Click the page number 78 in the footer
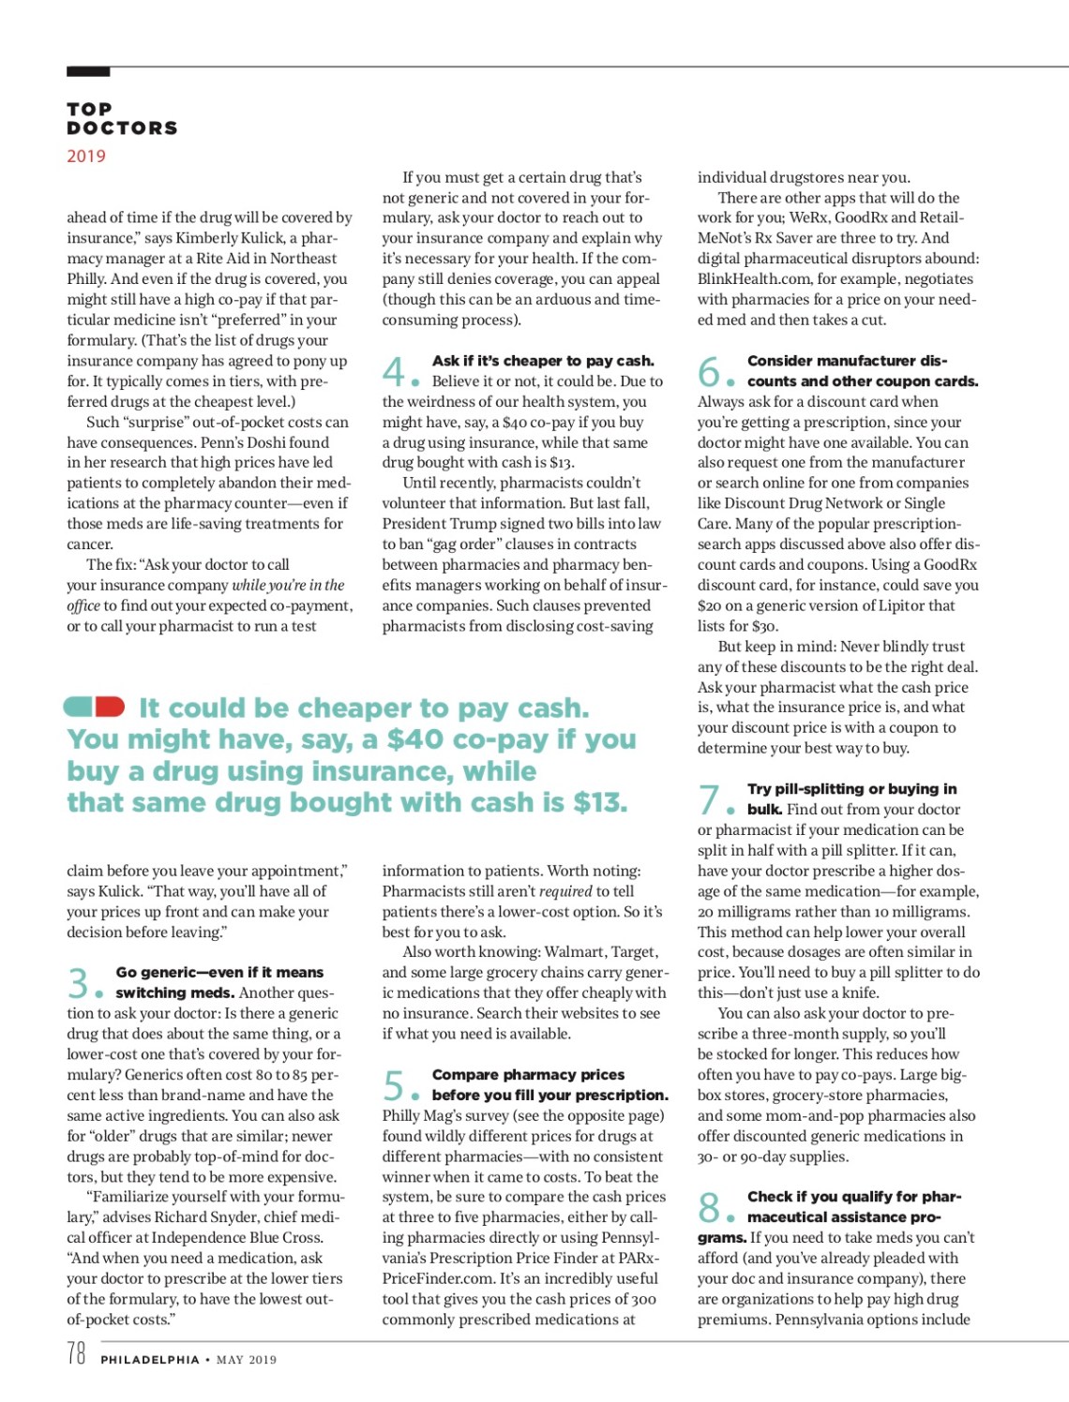[76, 1353]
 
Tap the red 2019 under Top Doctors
[86, 157]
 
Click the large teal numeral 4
[393, 371]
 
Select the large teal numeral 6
[709, 371]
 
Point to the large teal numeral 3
[78, 983]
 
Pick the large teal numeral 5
[393, 1085]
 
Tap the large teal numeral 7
[708, 799]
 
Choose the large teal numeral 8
[709, 1207]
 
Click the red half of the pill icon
[110, 706]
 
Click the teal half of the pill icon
[80, 706]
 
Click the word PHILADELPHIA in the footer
[150, 1360]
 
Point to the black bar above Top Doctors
[88, 71]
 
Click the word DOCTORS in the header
[122, 128]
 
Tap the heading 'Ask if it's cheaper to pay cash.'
[543, 361]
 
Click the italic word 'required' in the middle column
[565, 891]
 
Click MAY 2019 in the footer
[247, 1360]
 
